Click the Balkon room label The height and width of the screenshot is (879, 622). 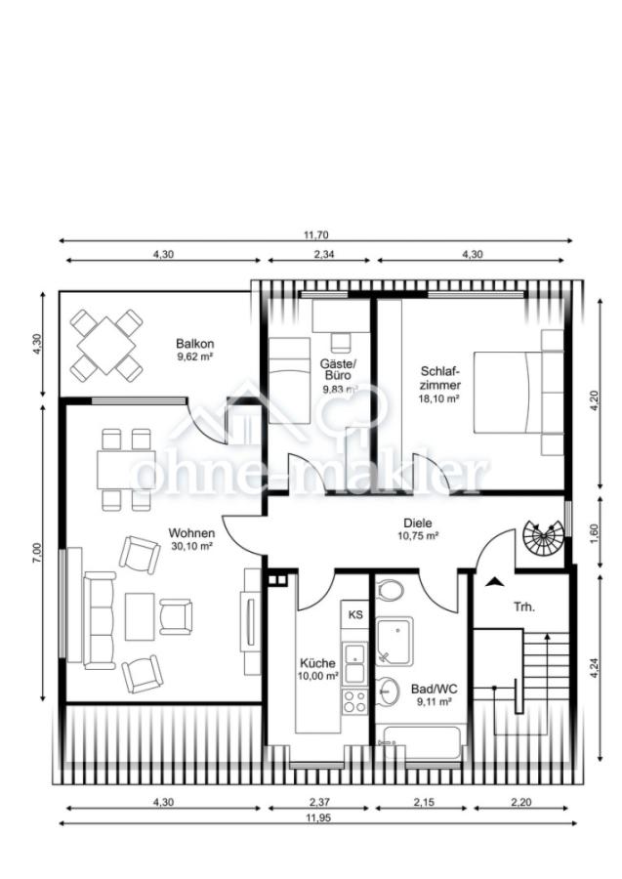(195, 343)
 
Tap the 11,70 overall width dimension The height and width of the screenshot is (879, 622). (316, 234)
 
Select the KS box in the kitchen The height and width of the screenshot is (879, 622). (355, 614)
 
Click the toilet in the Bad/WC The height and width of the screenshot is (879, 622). (390, 590)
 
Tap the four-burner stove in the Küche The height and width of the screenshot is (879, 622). (355, 701)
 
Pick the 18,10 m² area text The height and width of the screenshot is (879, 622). (438, 398)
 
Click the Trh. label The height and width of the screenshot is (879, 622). (524, 607)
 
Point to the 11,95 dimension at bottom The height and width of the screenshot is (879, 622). (318, 817)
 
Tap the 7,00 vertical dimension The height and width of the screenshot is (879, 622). (37, 552)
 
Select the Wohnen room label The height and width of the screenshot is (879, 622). (191, 532)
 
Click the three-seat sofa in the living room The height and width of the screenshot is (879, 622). (100, 620)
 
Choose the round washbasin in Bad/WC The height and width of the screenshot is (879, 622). (387, 691)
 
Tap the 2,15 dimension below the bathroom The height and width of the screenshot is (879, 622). (424, 802)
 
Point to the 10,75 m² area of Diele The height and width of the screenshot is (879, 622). (418, 535)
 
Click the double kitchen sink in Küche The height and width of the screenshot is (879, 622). (355, 662)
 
